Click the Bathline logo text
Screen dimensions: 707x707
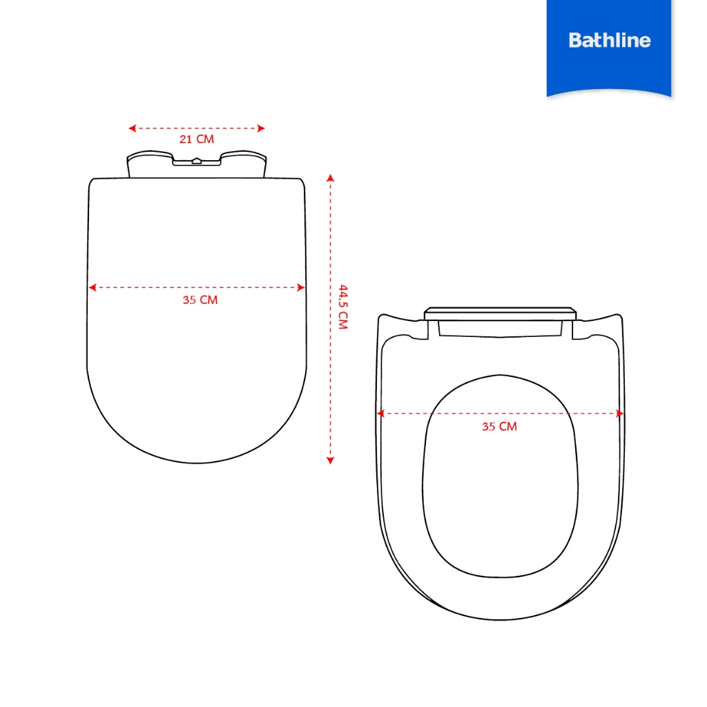(x=609, y=40)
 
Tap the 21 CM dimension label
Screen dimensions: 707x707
(x=197, y=139)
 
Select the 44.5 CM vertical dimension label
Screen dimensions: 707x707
(x=343, y=307)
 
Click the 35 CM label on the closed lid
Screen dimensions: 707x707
(x=200, y=300)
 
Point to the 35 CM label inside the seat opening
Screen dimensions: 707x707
(x=500, y=427)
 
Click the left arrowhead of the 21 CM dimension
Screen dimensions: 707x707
(x=132, y=128)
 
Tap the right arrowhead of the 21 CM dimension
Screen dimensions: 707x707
(x=261, y=128)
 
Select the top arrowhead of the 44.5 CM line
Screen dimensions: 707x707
(x=331, y=177)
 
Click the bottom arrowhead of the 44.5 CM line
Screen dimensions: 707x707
(x=331, y=461)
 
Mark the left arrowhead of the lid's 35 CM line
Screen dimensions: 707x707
(x=93, y=287)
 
